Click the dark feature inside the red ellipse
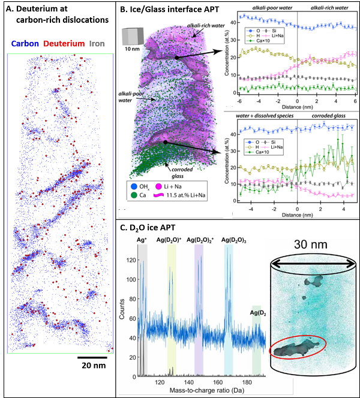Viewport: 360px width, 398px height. (x=295, y=348)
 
